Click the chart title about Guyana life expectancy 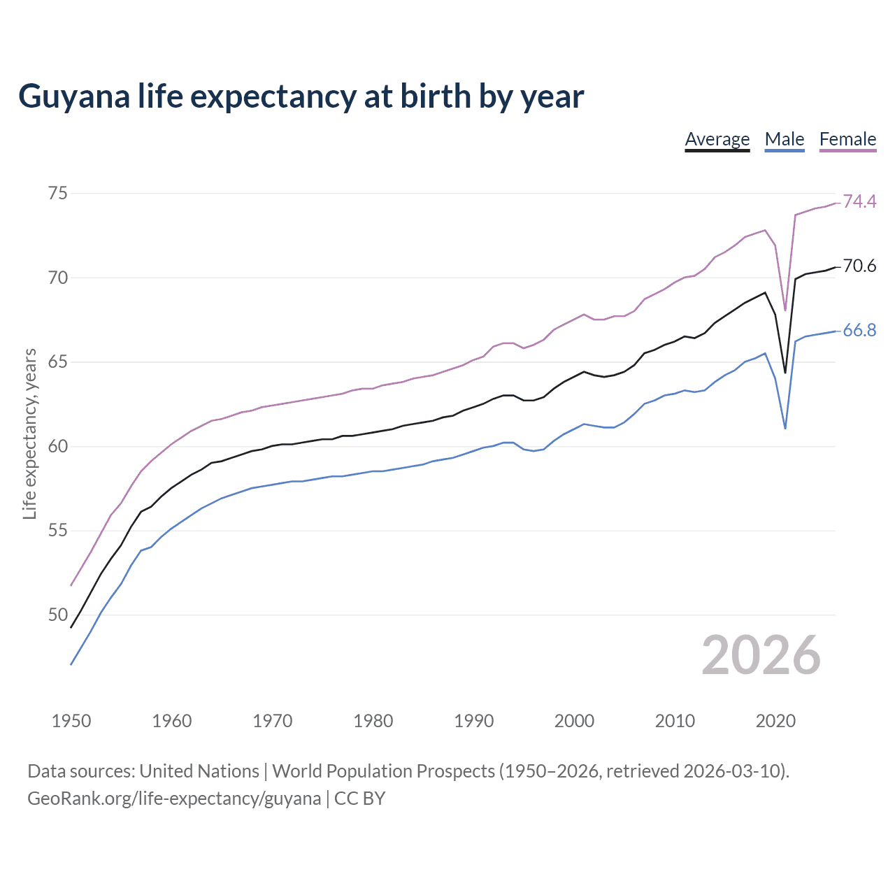[301, 96]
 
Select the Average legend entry [717, 139]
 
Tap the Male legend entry [784, 139]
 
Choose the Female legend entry [847, 139]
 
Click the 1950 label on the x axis [71, 721]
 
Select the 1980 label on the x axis [373, 721]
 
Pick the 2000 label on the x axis [574, 721]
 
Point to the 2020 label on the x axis [775, 721]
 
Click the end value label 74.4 [859, 201]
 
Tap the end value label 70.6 [859, 266]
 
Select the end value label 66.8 [859, 330]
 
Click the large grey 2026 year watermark [761, 655]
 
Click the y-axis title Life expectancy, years [30, 434]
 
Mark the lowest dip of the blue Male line [785, 428]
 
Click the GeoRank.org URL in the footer [174, 799]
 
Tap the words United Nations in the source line [199, 771]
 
